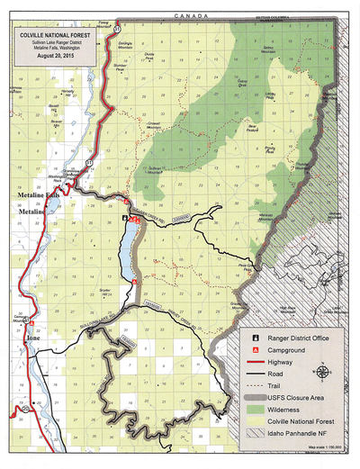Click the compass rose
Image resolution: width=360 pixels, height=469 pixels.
pyautogui.click(x=321, y=369)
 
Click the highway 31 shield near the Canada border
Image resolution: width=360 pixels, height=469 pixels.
pyautogui.click(x=117, y=30)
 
